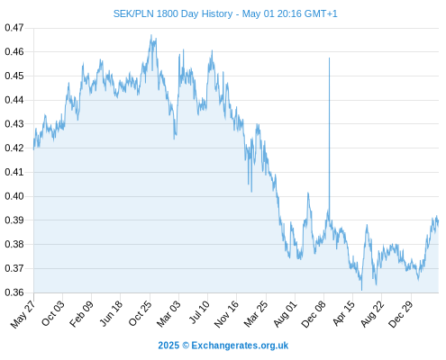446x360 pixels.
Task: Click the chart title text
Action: pos(225,13)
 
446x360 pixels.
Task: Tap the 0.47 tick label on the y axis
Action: pos(14,28)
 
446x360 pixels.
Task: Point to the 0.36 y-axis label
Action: pos(14,292)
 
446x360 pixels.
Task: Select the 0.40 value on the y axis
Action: pos(14,196)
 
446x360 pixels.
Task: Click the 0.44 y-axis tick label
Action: pos(14,100)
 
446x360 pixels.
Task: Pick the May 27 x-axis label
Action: pos(23,314)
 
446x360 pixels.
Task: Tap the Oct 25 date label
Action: pos(140,313)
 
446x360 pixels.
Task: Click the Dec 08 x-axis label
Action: pos(314,314)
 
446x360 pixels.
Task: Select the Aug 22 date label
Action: pos(372,314)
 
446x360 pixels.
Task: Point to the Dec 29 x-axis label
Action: pos(401,314)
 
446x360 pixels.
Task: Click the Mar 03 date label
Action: pos(168,313)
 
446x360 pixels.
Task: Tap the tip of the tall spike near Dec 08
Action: pos(329,58)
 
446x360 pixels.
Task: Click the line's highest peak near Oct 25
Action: pos(151,35)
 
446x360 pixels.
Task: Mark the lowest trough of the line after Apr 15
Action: pos(361,290)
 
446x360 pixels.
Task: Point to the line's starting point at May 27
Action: pos(33,149)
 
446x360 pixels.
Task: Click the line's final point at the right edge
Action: pos(439,221)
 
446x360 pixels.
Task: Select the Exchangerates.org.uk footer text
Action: pos(240,346)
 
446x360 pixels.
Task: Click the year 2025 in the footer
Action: pos(168,346)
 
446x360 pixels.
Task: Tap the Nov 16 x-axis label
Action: pos(226,314)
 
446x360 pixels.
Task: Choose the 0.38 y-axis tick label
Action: pos(14,244)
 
